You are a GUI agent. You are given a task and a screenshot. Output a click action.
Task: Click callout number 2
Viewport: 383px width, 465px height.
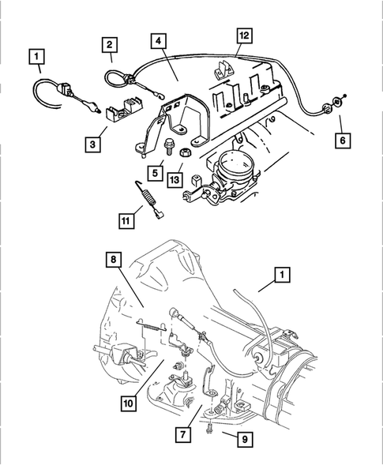click(x=110, y=45)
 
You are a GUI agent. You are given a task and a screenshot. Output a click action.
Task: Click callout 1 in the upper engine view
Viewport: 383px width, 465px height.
click(x=36, y=56)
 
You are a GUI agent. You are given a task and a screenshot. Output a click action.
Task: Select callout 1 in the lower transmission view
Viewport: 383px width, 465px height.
click(x=281, y=276)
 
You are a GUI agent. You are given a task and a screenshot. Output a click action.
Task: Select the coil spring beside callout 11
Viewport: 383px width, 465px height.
click(x=144, y=194)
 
